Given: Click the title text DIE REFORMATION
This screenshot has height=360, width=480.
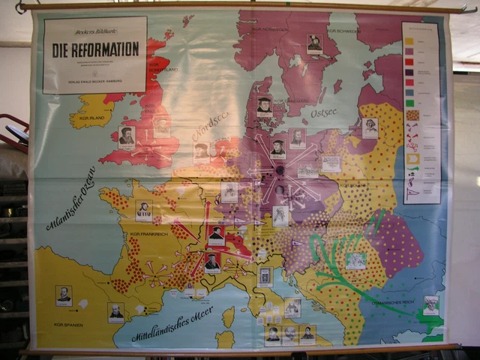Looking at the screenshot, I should [95, 50].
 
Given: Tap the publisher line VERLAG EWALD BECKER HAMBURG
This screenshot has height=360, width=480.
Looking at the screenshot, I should [94, 75].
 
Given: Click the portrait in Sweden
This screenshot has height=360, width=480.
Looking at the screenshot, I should [314, 43].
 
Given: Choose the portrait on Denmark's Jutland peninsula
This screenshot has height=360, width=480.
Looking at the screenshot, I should [264, 106].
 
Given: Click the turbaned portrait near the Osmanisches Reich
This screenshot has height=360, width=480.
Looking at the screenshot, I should [430, 306].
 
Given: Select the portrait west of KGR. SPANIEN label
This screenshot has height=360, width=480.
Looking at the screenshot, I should [64, 295].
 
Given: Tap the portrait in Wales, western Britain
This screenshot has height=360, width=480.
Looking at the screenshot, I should [127, 136].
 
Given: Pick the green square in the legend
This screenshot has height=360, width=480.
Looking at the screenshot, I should [410, 103].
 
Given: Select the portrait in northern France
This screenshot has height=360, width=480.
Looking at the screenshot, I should [144, 211].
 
